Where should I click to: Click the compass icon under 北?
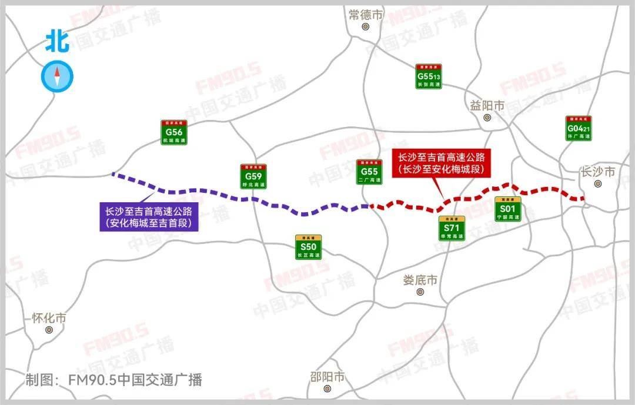tap(58, 76)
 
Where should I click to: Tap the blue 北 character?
tap(58, 42)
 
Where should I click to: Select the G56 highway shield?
tap(174, 133)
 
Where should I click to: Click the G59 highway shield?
tap(253, 176)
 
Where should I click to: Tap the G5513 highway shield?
tap(429, 76)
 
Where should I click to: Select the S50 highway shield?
tap(309, 247)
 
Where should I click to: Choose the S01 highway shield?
tap(507, 209)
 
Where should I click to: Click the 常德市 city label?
tap(365, 15)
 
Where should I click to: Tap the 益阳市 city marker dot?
tap(487, 118)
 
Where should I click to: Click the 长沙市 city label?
tap(597, 172)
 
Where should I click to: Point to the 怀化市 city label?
tap(49, 318)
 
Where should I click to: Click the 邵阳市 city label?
tap(327, 377)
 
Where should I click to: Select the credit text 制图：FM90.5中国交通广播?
tap(113, 380)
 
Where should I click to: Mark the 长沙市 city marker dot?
tap(598, 184)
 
